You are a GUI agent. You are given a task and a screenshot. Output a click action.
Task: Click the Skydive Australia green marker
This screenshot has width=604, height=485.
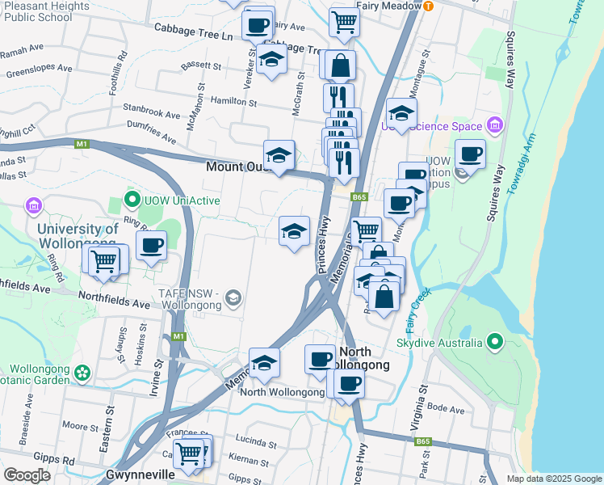click(x=495, y=342)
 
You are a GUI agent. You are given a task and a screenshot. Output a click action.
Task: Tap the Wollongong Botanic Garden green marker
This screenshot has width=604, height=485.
click(x=82, y=373)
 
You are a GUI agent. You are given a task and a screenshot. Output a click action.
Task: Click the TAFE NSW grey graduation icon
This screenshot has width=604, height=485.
click(x=233, y=299)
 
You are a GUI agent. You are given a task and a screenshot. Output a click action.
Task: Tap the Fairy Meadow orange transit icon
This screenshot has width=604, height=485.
click(x=428, y=5)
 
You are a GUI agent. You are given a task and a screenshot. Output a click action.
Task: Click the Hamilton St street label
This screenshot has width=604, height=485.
click(x=233, y=103)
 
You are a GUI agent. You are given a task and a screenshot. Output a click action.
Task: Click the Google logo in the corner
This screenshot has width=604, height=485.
click(x=27, y=475)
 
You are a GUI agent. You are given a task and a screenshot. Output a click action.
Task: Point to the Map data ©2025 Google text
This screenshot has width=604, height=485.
click(x=553, y=479)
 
